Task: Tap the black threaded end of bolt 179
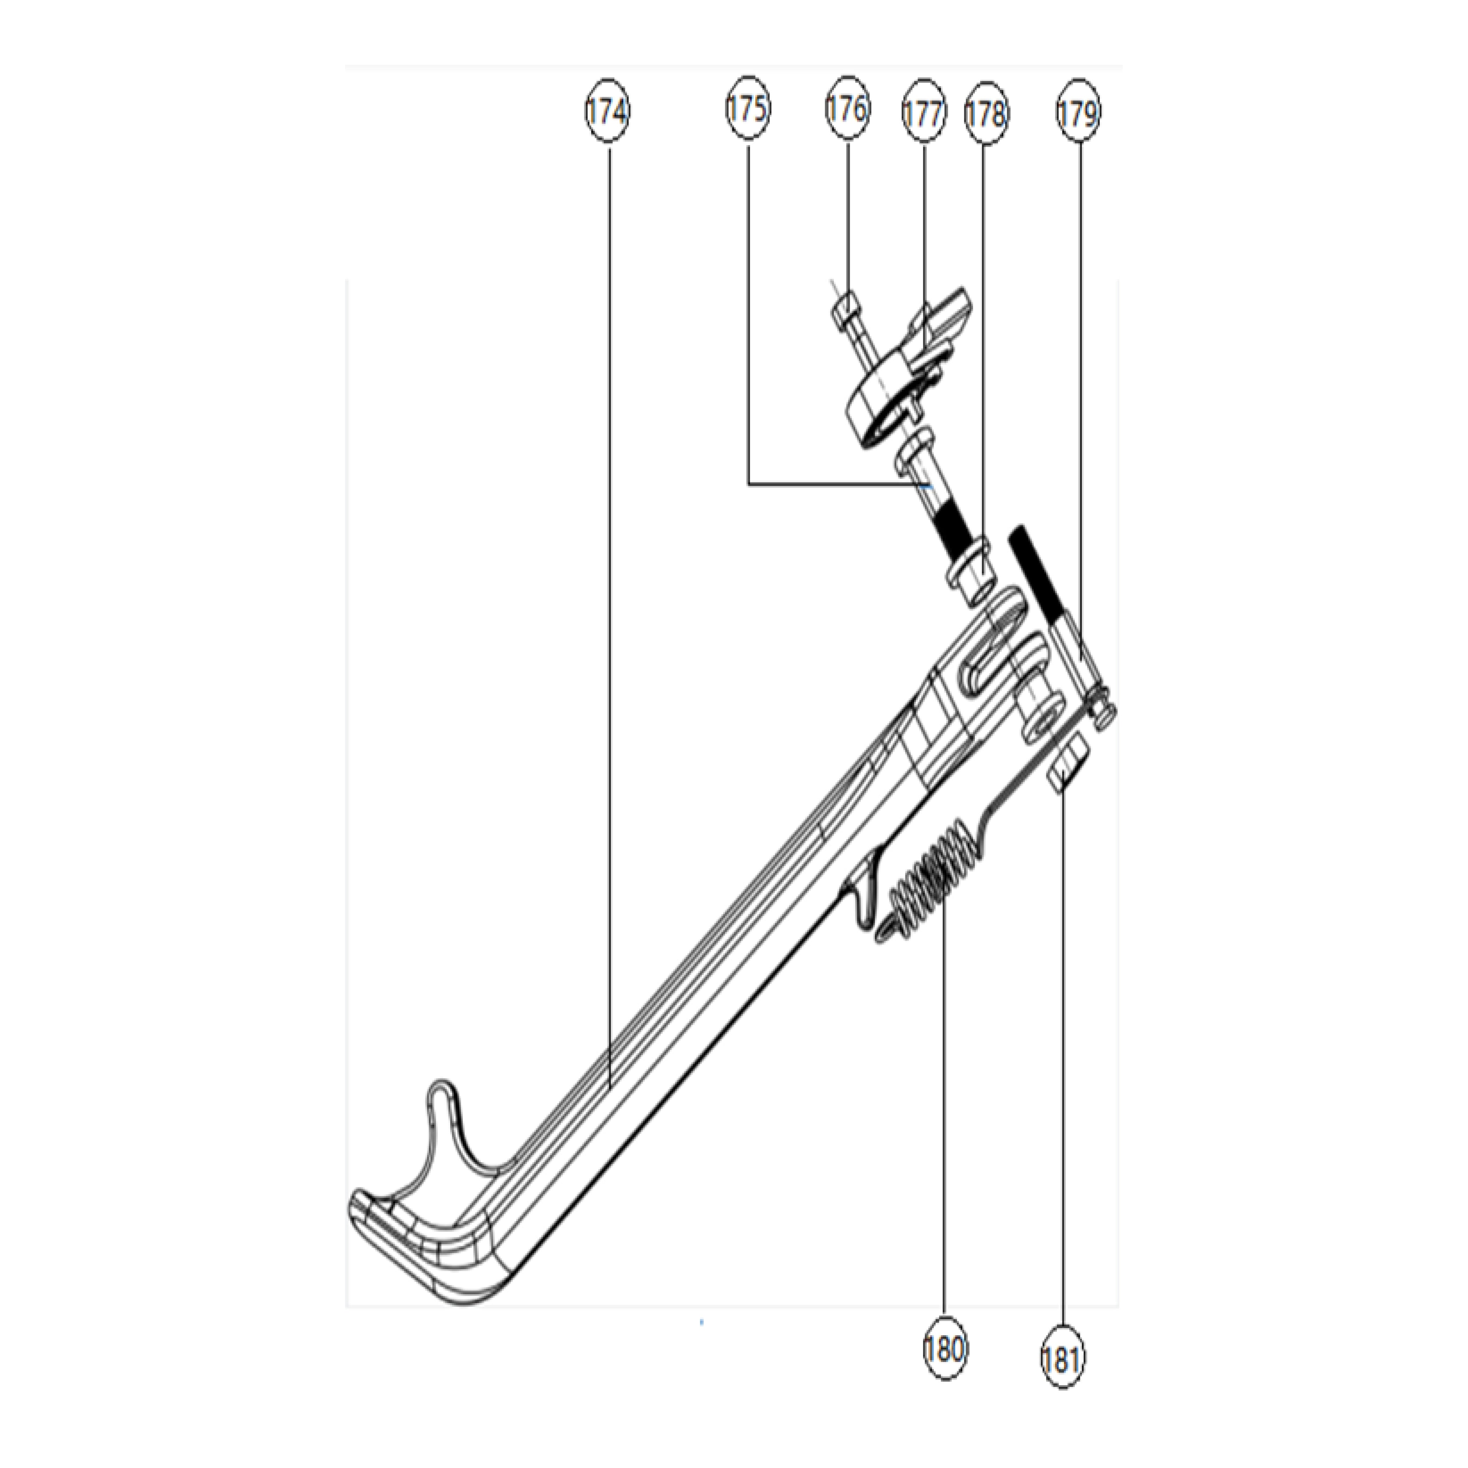[x=1030, y=574]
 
